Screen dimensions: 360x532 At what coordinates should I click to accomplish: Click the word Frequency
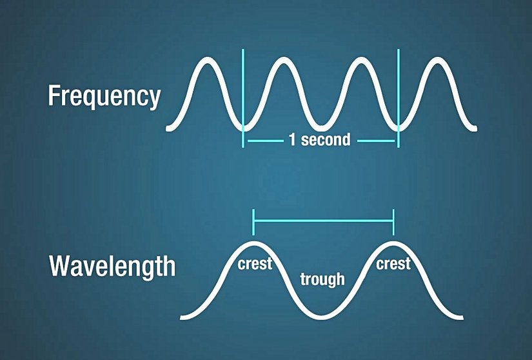click(x=104, y=96)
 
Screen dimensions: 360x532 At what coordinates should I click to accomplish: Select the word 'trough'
click(x=322, y=279)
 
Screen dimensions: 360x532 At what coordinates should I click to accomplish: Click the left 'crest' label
click(x=255, y=265)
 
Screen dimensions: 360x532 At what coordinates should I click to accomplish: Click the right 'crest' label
click(x=393, y=264)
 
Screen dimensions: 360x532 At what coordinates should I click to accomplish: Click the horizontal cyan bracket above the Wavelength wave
click(x=323, y=221)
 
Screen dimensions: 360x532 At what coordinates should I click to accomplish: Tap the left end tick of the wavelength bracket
click(x=254, y=221)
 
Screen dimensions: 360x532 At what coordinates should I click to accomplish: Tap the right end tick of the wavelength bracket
click(x=393, y=221)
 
